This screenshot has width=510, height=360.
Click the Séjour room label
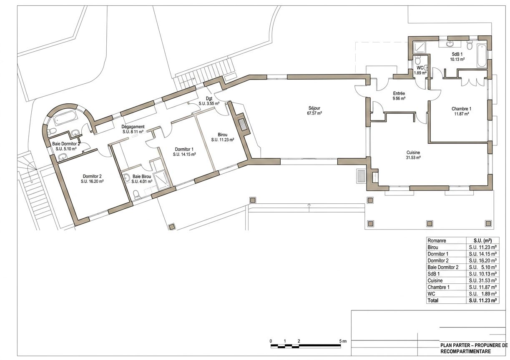pos(314,108)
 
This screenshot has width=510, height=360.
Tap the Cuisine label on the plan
pos(413,152)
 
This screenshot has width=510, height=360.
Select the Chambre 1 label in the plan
pos(462,109)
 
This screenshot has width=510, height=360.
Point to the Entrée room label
pos(399,93)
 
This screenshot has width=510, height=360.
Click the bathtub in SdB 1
pos(482,56)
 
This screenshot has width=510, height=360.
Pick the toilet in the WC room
pos(418,60)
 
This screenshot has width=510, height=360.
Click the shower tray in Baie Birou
pos(162,180)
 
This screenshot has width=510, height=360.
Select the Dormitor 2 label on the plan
pos(92,176)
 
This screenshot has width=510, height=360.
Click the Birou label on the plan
pos(222,135)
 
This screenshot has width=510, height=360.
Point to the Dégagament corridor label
pos(133,127)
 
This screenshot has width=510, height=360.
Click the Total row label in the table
pos(433,300)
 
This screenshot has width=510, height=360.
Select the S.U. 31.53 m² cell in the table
pos(482,280)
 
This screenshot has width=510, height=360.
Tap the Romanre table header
pos(437,240)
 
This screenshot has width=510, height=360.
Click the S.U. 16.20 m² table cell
pos(482,260)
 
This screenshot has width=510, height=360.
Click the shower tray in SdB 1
pos(419,48)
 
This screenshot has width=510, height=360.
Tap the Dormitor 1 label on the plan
pos(184,149)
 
